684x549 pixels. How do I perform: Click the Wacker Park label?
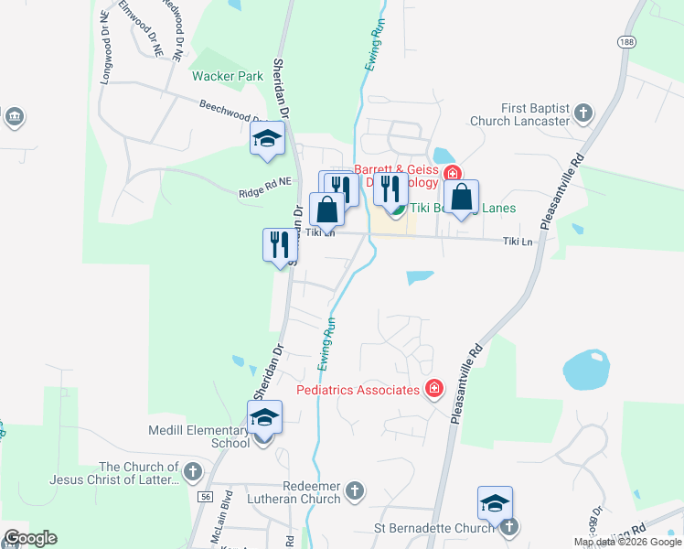[227, 76]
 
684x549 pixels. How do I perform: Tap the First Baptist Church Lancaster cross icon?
[584, 114]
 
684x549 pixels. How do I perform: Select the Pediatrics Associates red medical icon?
[433, 390]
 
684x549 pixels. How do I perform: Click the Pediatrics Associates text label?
[358, 390]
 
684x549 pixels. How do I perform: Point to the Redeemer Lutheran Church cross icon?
[356, 491]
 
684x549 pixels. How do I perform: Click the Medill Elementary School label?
[200, 436]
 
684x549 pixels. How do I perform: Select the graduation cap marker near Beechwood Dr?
[267, 139]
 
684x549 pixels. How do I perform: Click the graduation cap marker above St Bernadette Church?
[495, 503]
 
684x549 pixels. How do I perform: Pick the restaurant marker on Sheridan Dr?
[279, 244]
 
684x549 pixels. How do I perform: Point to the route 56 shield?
[204, 496]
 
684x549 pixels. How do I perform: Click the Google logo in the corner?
[30, 538]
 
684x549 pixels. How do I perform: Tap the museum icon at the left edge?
[14, 116]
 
